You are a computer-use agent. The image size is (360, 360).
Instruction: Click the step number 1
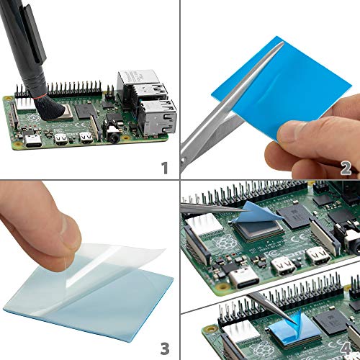click(x=164, y=168)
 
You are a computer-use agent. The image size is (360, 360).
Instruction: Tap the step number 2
click(x=346, y=168)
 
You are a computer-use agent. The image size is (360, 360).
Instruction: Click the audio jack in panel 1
click(x=113, y=133)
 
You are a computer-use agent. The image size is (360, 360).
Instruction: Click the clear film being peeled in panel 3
click(x=108, y=259)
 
